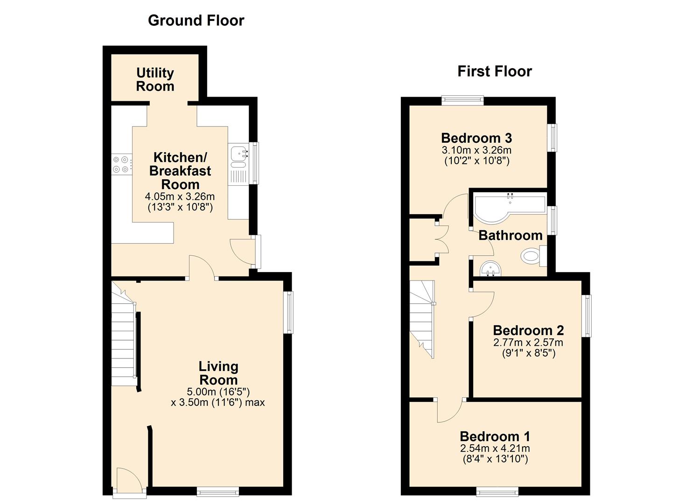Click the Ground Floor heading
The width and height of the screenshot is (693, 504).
(196, 21)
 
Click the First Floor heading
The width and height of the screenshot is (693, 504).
(495, 71)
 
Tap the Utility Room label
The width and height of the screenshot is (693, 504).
(155, 79)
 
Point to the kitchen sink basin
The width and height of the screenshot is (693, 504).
(239, 154)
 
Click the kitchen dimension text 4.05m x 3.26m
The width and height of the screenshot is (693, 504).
(180, 196)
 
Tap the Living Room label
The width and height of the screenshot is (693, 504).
(218, 373)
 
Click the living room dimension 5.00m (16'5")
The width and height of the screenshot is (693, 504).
(218, 392)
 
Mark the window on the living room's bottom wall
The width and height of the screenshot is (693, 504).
(218, 491)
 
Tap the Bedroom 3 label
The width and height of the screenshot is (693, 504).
(476, 138)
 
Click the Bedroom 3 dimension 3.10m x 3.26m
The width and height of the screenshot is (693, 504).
(476, 150)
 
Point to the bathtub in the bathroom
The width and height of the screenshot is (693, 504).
(509, 208)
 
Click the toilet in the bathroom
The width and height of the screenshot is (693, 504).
(534, 256)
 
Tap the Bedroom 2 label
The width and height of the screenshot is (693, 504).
(528, 330)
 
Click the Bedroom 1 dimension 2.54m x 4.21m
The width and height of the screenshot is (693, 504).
(495, 448)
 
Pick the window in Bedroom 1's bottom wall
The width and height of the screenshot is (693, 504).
(497, 491)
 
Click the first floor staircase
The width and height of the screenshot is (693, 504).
(422, 319)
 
